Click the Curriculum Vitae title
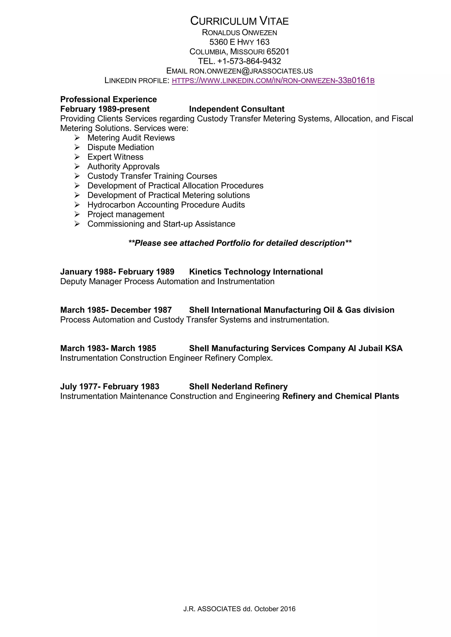click(x=239, y=21)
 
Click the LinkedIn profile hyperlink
click(x=273, y=81)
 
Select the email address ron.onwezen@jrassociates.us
click(x=251, y=71)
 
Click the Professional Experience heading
click(x=108, y=99)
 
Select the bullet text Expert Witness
click(x=115, y=157)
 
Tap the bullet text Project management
click(x=126, y=214)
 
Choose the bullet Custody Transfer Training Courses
click(x=152, y=176)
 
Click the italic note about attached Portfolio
click(x=240, y=243)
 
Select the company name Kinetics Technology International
click(x=256, y=272)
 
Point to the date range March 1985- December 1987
click(x=116, y=310)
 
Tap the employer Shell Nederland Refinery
click(x=238, y=387)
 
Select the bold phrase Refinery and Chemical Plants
click(x=340, y=396)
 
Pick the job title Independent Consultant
click(x=237, y=109)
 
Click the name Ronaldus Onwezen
click(x=239, y=33)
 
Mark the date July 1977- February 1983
click(x=110, y=387)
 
